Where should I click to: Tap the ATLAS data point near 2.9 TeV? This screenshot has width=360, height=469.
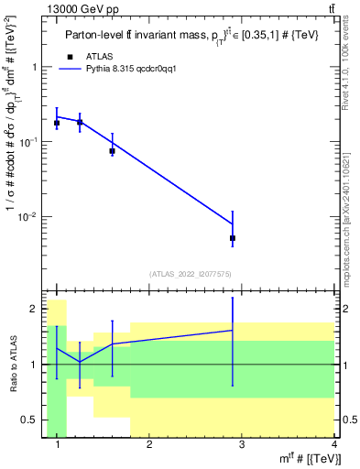pos(233,238)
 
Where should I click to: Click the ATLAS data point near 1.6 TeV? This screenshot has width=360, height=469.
pos(112,151)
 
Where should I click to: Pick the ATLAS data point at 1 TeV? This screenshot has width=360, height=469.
pos(57,123)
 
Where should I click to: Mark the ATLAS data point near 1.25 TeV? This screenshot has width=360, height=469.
pos(80,123)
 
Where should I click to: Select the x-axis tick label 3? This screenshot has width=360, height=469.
pos(241,444)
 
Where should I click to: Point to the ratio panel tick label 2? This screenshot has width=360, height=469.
pos(34,309)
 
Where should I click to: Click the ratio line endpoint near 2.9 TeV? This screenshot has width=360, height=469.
pos(233,330)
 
